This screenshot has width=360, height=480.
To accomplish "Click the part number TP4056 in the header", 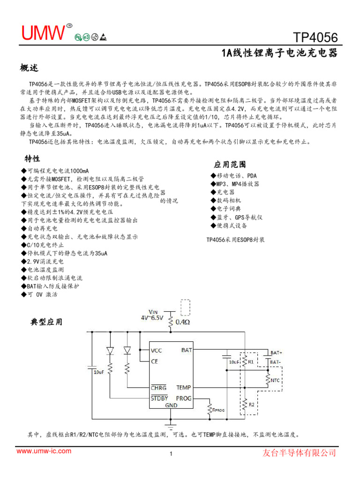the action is point(315,37).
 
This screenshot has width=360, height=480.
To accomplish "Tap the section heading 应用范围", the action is point(230,165).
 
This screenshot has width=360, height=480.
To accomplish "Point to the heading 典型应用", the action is point(46,322).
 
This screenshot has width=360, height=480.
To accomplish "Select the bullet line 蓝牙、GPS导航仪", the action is point(237,217).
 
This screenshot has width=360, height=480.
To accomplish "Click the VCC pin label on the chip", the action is point(157,350).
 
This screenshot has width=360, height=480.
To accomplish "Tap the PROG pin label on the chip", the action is point(184,398).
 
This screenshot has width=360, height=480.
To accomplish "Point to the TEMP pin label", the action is point(184,388).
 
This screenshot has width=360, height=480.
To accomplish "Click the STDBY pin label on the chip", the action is point(159,398).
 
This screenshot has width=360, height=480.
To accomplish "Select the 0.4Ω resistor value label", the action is point(183,322).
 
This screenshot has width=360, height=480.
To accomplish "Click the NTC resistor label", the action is point(275,380).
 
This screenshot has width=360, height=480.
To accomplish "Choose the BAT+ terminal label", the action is point(276,352).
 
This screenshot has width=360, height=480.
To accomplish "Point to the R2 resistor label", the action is point(251,404).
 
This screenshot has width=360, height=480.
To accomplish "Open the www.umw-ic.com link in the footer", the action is point(44,451).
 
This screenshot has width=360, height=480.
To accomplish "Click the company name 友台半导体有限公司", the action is point(299,453).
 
